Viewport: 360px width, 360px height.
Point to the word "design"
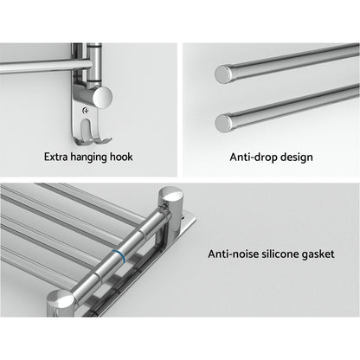pyautogui.click(x=294, y=158)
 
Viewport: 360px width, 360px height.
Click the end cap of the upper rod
pyautogui.click(x=223, y=75)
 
